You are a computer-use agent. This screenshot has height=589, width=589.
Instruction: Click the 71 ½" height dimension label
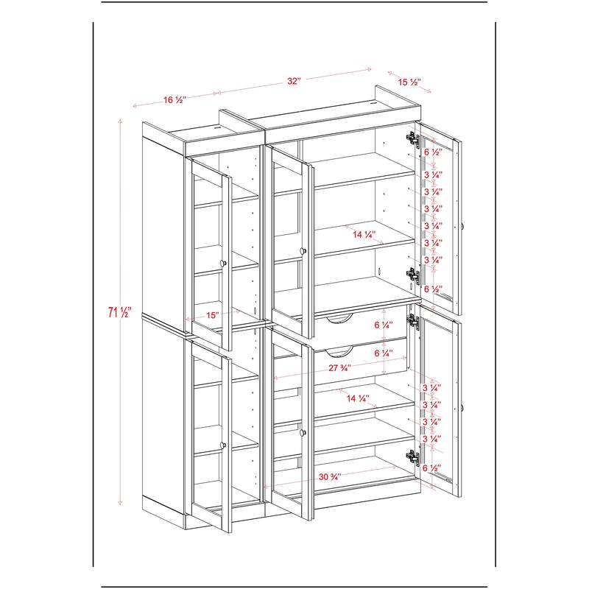(119, 312)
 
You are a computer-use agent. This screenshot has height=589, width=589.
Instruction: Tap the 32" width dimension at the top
(294, 81)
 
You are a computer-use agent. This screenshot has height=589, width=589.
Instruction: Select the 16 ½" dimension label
(174, 100)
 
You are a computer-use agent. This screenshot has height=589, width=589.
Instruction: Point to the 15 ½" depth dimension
(409, 82)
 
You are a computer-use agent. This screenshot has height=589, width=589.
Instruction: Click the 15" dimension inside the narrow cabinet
(213, 315)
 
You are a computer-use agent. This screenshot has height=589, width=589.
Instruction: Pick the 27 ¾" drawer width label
(340, 368)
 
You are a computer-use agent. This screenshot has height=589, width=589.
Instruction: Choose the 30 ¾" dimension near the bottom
(330, 477)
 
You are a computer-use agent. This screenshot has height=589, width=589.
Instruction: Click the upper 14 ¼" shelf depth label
(364, 235)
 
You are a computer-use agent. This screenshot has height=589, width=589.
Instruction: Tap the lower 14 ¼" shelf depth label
(358, 398)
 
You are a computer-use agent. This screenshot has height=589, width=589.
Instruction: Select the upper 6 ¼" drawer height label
(384, 325)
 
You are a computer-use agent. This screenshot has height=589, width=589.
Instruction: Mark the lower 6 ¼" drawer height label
(384, 353)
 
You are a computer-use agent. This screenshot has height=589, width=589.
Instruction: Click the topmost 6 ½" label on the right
(433, 152)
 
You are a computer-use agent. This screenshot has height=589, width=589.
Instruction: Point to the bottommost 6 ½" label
(431, 468)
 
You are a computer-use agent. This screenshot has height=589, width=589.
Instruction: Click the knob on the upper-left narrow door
(224, 263)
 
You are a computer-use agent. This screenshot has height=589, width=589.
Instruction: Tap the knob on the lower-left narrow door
(224, 445)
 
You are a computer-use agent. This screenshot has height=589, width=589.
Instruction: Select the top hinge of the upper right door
(414, 138)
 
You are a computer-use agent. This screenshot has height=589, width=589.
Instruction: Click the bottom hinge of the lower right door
(414, 458)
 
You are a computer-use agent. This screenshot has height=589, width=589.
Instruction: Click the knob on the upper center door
(303, 250)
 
